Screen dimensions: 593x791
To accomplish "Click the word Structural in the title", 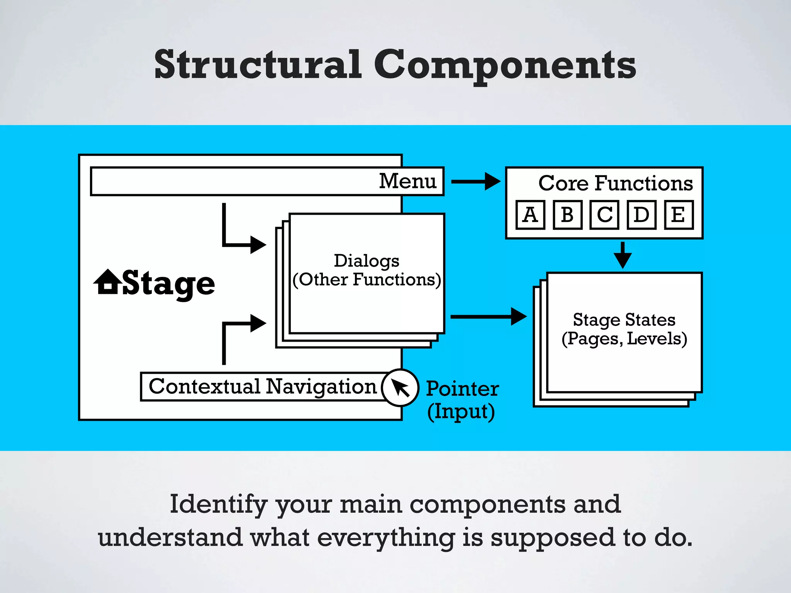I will tap(258, 64).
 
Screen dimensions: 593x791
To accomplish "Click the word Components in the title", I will tap(504, 66).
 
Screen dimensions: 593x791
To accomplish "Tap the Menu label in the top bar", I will tap(407, 181).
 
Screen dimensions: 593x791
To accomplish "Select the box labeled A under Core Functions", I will tap(530, 215).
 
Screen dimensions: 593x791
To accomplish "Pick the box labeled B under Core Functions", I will tap(567, 215).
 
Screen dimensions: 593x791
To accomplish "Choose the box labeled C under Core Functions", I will tap(604, 215).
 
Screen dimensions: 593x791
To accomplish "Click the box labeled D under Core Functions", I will tap(642, 215).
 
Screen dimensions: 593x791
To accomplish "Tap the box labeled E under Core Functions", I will tap(679, 215).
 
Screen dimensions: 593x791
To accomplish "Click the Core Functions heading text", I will tap(616, 183).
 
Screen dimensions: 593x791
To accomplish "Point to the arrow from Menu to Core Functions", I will tap(475, 181).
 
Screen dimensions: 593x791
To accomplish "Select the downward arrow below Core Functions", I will tap(623, 256).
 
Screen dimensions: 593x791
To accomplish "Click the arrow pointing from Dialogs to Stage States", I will tap(488, 317).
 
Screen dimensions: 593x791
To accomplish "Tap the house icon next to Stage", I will tap(107, 282).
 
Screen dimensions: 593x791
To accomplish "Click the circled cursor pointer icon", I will tap(400, 388).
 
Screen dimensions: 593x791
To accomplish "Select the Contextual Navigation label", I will tap(263, 386).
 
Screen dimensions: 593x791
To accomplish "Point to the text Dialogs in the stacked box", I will tap(366, 261).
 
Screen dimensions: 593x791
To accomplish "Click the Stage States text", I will tap(624, 320).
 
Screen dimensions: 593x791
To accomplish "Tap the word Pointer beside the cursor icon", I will tap(462, 389).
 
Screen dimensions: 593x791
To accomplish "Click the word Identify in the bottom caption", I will tap(219, 505).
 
